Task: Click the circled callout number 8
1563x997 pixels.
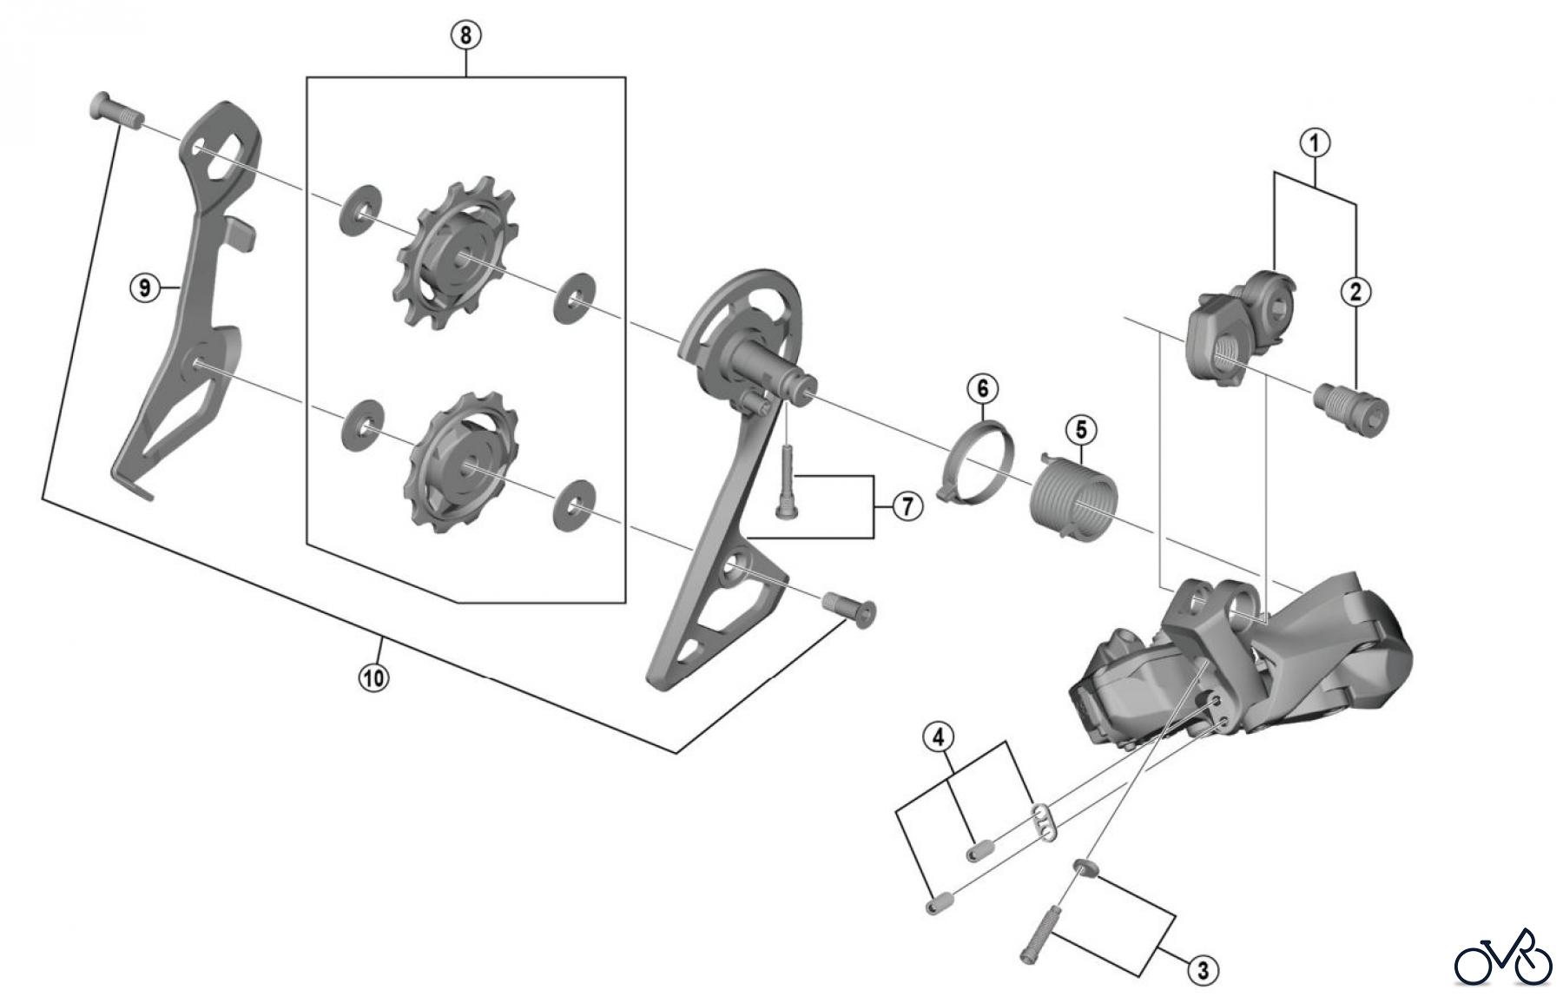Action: pos(465,36)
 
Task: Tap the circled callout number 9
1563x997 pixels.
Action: pos(144,286)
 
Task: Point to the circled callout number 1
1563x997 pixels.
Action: pos(1315,142)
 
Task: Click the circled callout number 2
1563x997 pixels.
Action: pos(1355,292)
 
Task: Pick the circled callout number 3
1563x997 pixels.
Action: pos(1203,969)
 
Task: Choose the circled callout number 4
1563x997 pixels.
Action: pos(938,738)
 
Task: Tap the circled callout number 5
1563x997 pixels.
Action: pos(1081,429)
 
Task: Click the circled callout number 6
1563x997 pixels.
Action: pos(982,387)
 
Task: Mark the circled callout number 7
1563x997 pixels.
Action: pos(907,505)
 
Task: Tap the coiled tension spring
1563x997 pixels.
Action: pos(1071,493)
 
